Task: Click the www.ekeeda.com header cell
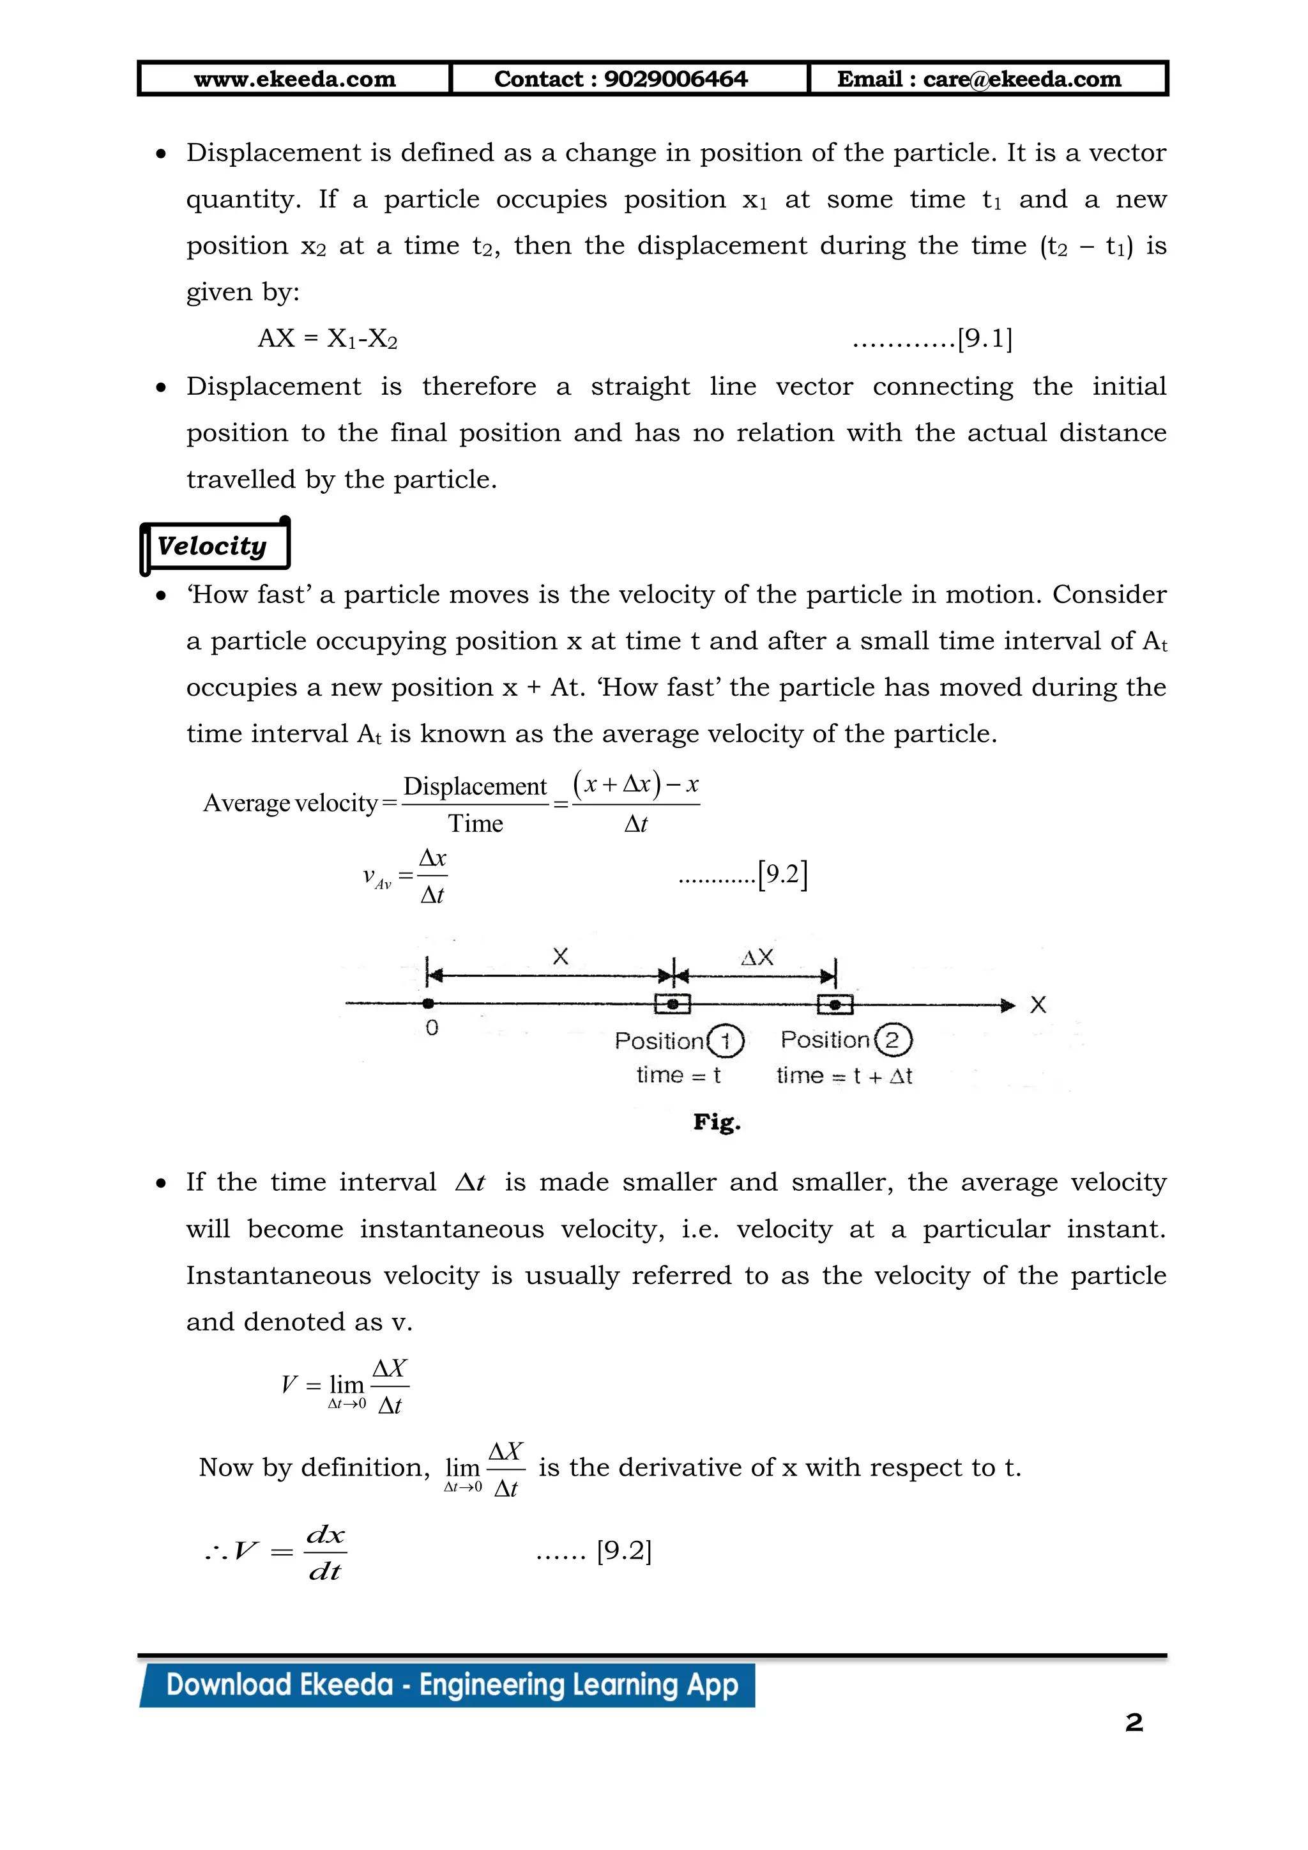[295, 79]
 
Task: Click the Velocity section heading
[212, 546]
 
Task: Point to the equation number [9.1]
[984, 339]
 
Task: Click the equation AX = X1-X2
[328, 339]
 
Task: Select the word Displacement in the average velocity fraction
[475, 786]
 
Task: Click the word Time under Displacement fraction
[475, 823]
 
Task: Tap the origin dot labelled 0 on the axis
[429, 1003]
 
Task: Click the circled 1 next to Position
[725, 1041]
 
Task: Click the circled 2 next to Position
[892, 1039]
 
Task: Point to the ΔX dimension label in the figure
[757, 957]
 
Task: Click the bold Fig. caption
[717, 1122]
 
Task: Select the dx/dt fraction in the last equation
[325, 1552]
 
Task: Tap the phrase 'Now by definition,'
[314, 1467]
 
